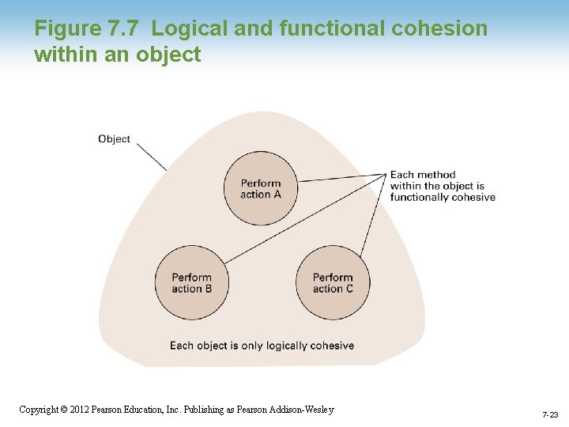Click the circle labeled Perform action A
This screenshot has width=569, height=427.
point(260,188)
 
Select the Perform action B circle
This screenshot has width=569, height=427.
point(192,282)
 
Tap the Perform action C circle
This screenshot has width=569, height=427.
point(333,282)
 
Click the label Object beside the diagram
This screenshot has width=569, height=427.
point(114,139)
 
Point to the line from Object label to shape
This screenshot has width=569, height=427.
point(152,157)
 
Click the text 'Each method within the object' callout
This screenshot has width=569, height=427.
point(442,186)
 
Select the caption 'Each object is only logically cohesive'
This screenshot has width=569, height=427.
point(262,346)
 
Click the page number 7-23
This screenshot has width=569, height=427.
point(550,414)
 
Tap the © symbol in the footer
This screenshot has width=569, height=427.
point(65,410)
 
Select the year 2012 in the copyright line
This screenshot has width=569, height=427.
point(80,410)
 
